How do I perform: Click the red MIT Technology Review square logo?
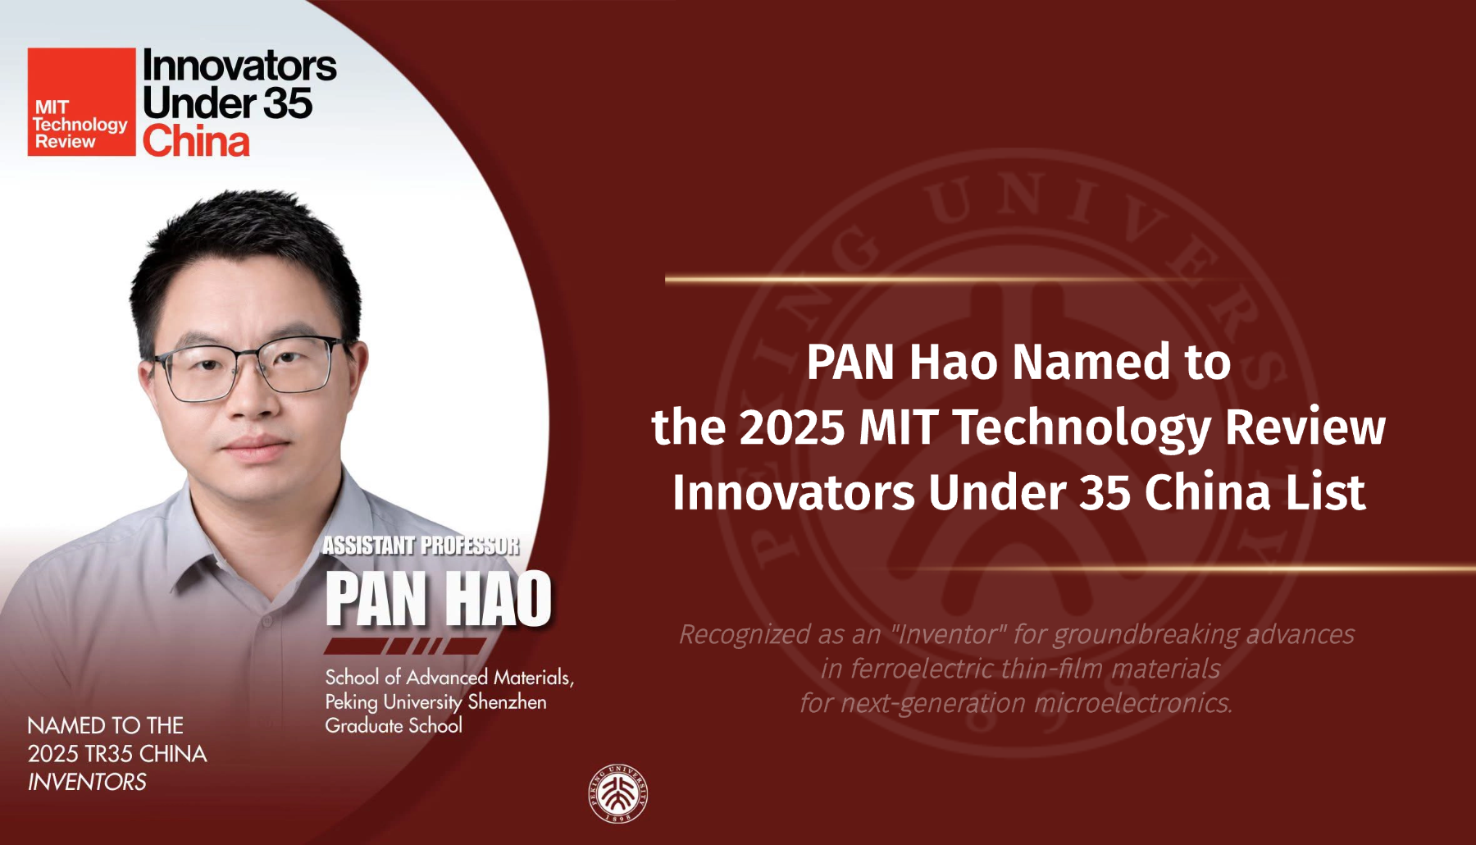coord(81,102)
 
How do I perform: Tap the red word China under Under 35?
coord(196,140)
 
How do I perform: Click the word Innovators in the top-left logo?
coord(239,65)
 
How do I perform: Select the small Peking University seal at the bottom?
coord(618,793)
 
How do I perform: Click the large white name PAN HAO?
coord(439,599)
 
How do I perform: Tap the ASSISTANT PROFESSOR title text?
coord(421,546)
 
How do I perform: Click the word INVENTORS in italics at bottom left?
coord(87,782)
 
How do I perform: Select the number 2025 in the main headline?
coord(791,427)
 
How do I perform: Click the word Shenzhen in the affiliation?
coord(507,701)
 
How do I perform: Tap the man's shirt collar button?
coord(266,623)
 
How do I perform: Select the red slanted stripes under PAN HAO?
coord(406,646)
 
